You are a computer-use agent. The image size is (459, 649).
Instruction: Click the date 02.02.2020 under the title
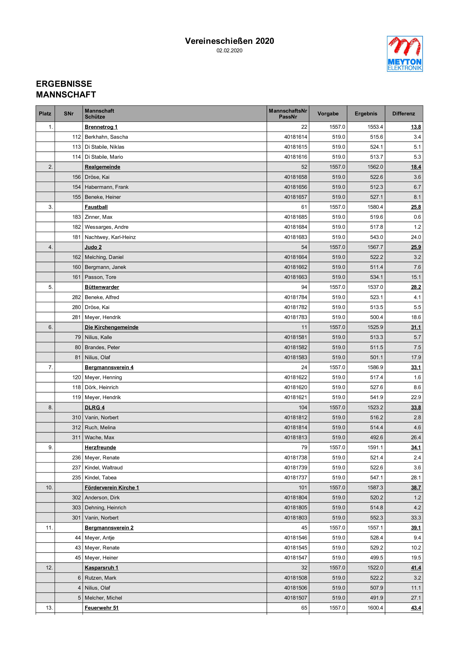[x=229, y=51]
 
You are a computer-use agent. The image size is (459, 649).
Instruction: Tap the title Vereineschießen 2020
[x=229, y=41]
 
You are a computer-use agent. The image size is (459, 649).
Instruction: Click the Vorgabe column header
[x=328, y=114]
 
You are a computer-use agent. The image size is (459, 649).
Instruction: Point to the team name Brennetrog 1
[x=101, y=127]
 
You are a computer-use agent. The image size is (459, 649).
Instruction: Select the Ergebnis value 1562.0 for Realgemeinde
[x=375, y=167]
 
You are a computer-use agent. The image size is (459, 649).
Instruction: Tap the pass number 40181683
[x=295, y=237]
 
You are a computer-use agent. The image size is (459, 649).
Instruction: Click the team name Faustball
[x=96, y=207]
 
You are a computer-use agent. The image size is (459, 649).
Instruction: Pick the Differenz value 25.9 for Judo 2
[x=416, y=247]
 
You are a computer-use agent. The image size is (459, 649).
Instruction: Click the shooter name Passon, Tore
[x=100, y=277]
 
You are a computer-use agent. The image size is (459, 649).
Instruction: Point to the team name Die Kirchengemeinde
[x=111, y=327]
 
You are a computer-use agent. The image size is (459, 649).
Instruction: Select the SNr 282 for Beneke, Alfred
[x=76, y=297]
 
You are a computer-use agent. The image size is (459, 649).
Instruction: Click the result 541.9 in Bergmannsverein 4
[x=376, y=397]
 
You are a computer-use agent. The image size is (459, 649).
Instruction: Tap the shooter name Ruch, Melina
[x=100, y=427]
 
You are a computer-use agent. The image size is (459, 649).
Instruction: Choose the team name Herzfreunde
[x=100, y=447]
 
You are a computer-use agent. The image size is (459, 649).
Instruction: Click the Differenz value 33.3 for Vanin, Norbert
[x=416, y=517]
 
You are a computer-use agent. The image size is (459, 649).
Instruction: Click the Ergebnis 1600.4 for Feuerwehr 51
[x=375, y=608]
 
